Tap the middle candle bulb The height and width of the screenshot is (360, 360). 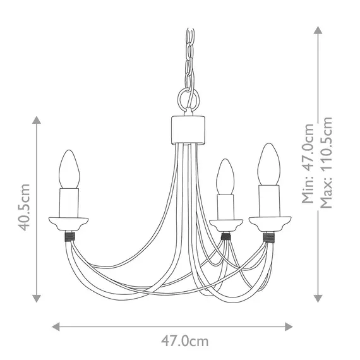[224, 176]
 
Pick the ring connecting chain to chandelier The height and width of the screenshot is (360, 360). [188, 100]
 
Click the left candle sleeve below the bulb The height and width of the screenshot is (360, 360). [69, 201]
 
